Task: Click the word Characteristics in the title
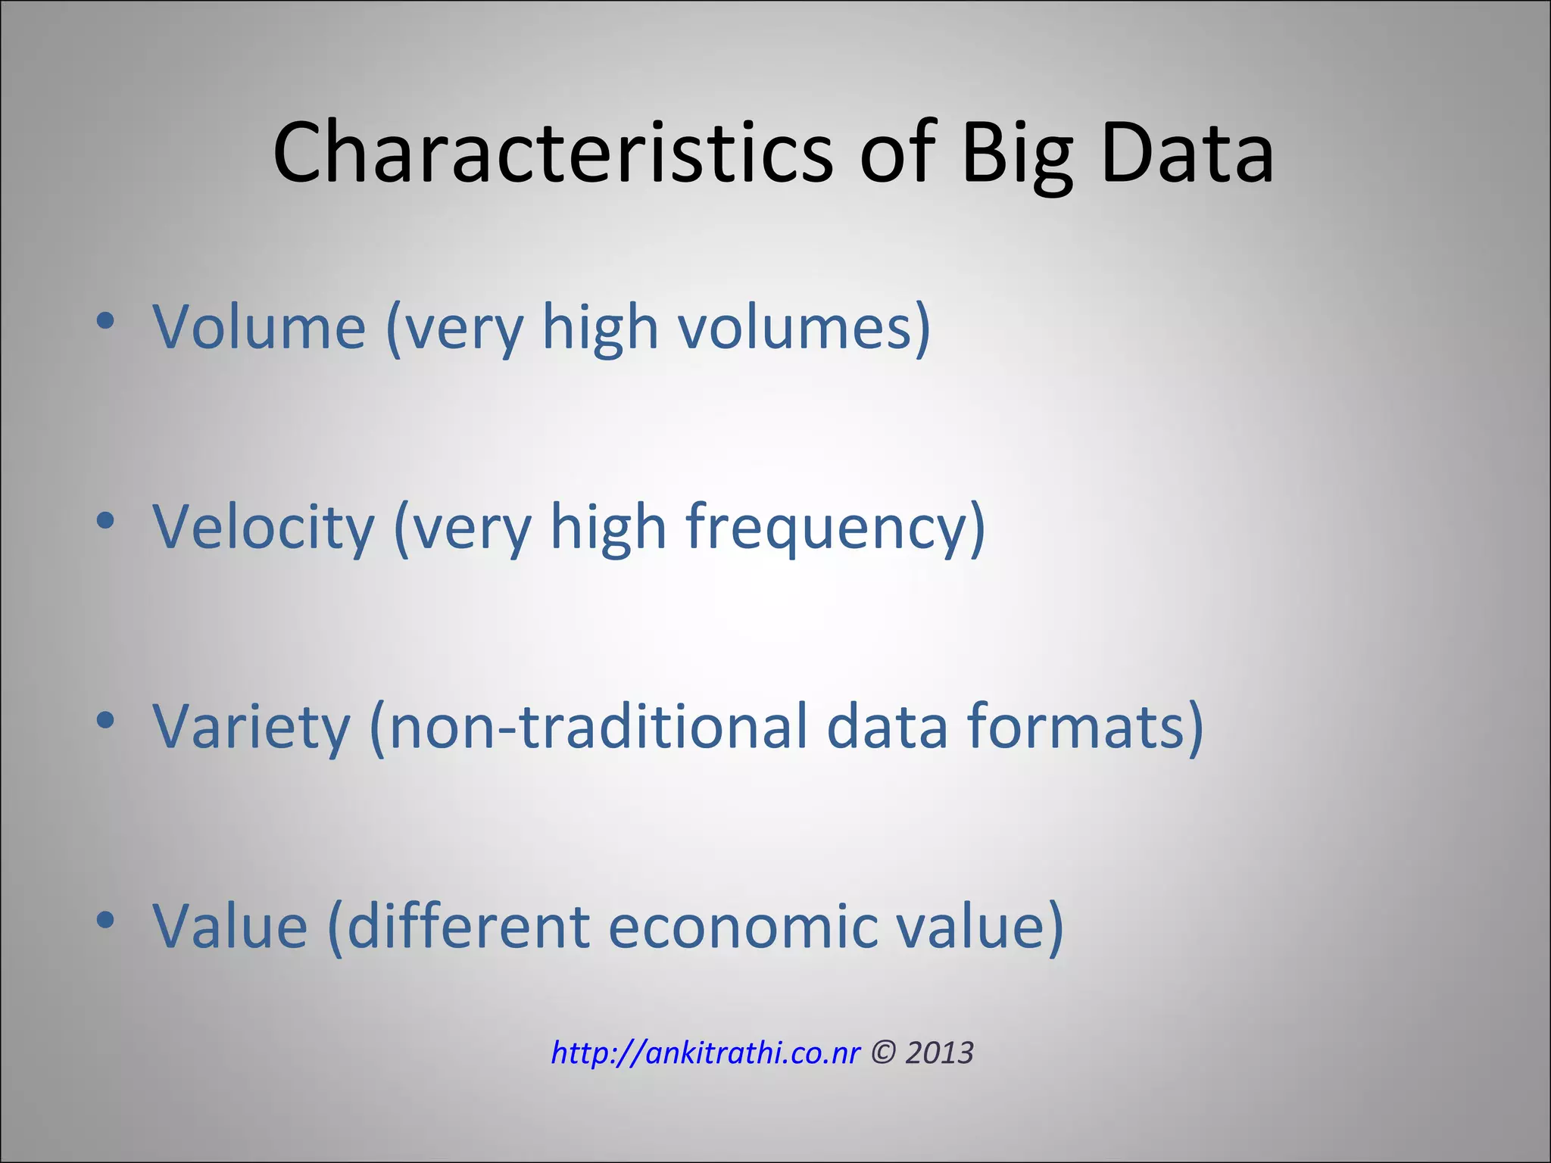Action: pyautogui.click(x=553, y=154)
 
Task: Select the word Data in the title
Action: pyautogui.click(x=1187, y=154)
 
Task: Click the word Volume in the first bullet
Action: pyautogui.click(x=260, y=327)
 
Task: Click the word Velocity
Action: pyautogui.click(x=264, y=527)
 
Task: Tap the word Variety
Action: pyautogui.click(x=251, y=727)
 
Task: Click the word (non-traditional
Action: pyautogui.click(x=588, y=727)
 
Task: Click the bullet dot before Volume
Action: pyautogui.click(x=105, y=321)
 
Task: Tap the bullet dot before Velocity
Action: pyautogui.click(x=105, y=521)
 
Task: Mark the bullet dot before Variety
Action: pyautogui.click(x=105, y=721)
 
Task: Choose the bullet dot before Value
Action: pyautogui.click(x=105, y=920)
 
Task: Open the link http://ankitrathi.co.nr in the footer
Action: pyautogui.click(x=705, y=1053)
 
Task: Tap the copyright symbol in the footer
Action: pyautogui.click(x=882, y=1053)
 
